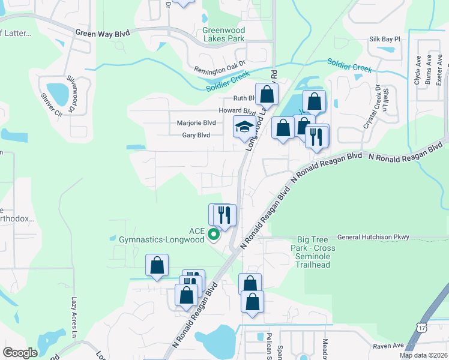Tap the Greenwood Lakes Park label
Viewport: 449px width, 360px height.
pos(223,34)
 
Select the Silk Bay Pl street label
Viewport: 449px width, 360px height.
pos(384,39)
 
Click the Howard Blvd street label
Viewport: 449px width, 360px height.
pos(237,111)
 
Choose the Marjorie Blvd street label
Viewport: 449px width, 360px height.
pos(196,123)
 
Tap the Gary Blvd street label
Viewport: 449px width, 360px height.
pos(196,136)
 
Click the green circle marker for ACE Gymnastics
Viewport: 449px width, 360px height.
pos(213,236)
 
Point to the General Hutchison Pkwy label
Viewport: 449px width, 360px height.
pos(373,237)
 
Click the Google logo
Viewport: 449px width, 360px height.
pos(20,353)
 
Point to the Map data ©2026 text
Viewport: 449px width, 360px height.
pos(423,355)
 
